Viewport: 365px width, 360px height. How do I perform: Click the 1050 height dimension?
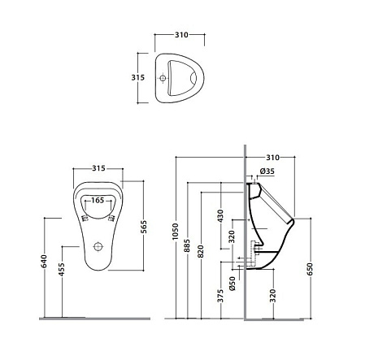point(176,231)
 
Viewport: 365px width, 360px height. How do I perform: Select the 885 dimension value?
point(187,245)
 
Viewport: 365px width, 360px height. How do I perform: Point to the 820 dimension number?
point(201,251)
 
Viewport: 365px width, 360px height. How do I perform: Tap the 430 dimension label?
point(221,216)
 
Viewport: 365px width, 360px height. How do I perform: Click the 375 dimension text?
point(221,296)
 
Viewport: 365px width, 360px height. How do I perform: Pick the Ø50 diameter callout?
point(232,284)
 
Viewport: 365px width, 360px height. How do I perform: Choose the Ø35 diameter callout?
point(267,171)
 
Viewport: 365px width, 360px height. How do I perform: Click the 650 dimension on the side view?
point(310,269)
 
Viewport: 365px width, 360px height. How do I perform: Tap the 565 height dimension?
point(143,227)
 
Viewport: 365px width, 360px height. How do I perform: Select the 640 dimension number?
point(44,261)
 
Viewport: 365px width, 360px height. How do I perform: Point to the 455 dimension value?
point(62,269)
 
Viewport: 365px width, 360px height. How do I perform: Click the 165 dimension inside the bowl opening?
point(98,200)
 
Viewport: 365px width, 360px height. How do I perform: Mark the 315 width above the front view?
point(98,168)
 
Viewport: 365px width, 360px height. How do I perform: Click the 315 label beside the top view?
point(138,77)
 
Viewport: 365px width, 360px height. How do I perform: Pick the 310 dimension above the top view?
point(181,35)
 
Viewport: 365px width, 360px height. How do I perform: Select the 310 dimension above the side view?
point(272,158)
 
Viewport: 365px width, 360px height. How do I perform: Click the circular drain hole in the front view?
point(98,246)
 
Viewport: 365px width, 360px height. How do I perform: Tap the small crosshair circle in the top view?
point(163,78)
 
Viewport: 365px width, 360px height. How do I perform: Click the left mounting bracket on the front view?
point(85,219)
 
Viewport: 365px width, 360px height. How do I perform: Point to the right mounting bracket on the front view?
point(111,219)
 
